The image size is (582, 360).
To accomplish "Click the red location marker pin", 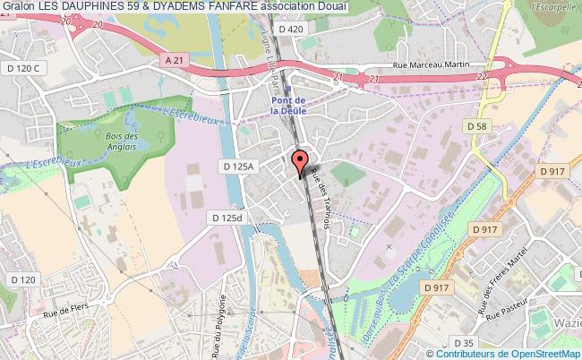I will coord(299,161).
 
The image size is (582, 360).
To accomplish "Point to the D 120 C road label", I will coord(25,68).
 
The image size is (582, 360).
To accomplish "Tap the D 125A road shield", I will coord(239,167).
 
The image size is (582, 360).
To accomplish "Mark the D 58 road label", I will coord(477,127).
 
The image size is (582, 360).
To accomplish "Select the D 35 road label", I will coord(463,343).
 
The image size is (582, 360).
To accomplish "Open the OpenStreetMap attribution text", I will coord(511,353).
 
